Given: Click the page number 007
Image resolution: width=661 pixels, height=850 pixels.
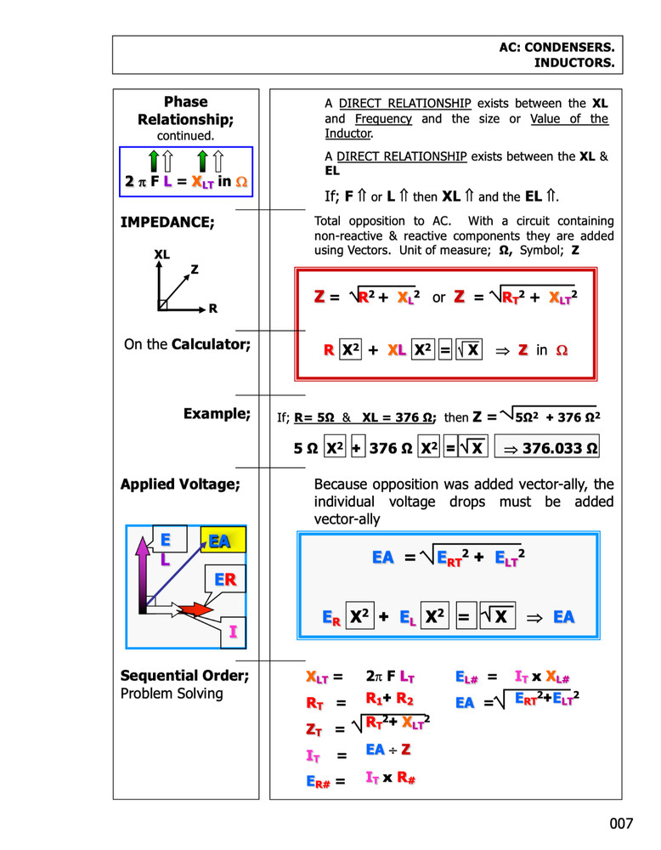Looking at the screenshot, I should click(621, 824).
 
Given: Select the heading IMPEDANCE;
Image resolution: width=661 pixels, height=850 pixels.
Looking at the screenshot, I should click(167, 223).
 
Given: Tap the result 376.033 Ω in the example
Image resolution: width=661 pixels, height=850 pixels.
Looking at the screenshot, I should click(548, 447).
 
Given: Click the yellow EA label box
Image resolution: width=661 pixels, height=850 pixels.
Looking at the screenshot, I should click(221, 541).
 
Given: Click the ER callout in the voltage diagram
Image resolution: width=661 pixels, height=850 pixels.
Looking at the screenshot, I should click(224, 581).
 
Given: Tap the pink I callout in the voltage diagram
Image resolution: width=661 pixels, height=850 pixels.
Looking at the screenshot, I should click(232, 634).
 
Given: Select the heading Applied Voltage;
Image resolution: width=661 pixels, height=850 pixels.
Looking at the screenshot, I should click(180, 484).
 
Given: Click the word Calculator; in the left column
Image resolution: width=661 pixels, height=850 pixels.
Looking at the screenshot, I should click(211, 345).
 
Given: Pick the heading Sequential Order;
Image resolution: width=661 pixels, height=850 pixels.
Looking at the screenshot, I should click(184, 676).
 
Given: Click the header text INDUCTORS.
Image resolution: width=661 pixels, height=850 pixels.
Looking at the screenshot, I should click(574, 63).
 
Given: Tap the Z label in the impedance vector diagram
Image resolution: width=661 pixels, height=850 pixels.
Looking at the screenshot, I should click(194, 270).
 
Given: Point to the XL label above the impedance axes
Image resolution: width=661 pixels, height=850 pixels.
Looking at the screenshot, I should click(162, 254).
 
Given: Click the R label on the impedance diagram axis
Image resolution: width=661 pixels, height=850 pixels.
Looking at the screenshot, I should click(212, 309).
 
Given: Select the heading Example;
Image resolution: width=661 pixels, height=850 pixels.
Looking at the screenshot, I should click(217, 414).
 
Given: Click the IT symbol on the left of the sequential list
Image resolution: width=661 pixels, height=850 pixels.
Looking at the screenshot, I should click(314, 755).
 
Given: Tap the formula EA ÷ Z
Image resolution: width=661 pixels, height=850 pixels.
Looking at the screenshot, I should click(387, 750).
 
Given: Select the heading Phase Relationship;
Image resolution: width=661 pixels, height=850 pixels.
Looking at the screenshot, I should click(185, 110).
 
